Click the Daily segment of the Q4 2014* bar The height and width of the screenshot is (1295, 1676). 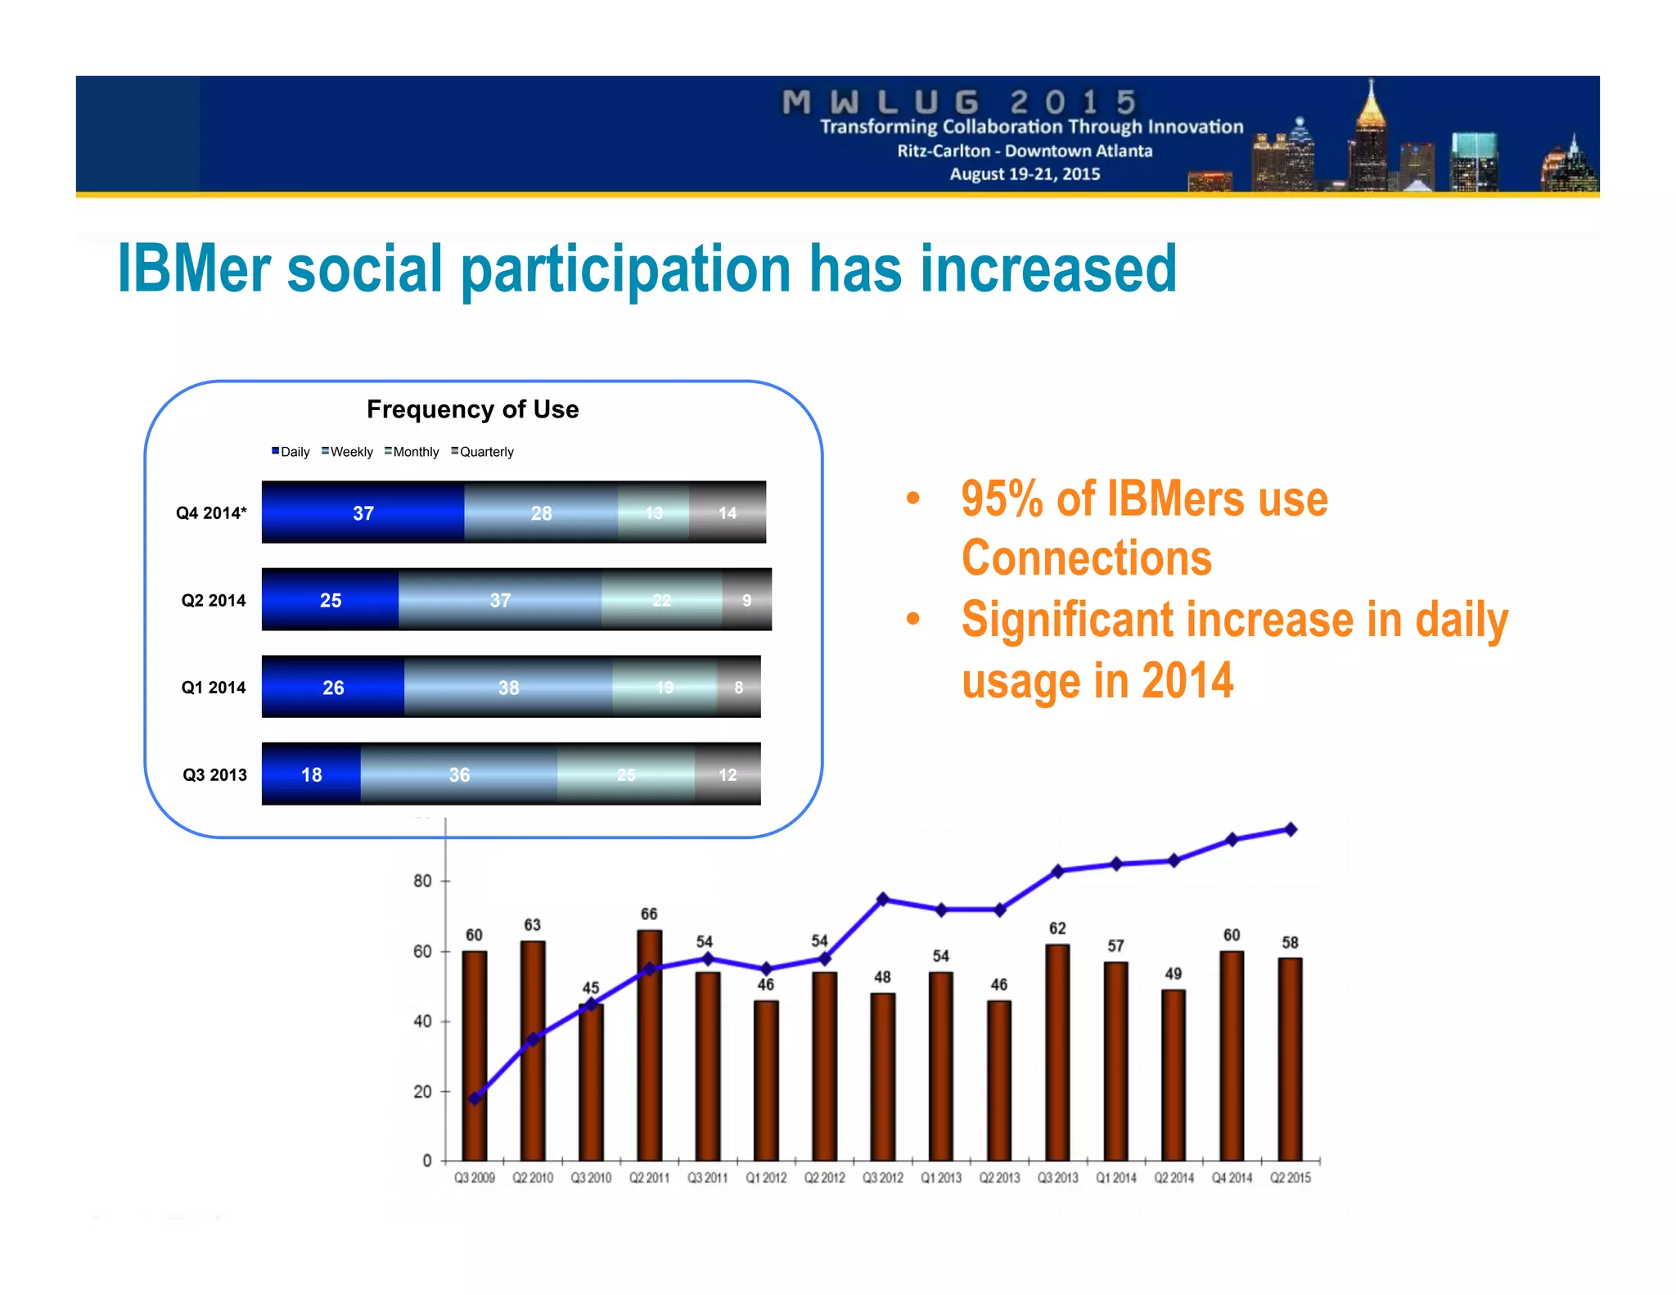[363, 512]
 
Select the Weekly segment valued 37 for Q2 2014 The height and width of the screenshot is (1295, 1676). [500, 600]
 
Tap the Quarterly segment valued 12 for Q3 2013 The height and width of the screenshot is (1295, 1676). [728, 774]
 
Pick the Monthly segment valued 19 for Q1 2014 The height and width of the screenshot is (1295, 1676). [665, 688]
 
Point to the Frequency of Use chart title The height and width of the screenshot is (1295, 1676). [472, 409]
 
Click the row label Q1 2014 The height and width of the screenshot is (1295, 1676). [213, 688]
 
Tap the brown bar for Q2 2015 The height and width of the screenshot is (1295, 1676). [1290, 1064]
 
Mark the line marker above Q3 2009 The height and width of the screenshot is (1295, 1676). [475, 1099]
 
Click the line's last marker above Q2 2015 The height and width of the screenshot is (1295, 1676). [1291, 829]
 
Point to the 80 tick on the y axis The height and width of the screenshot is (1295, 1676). [422, 881]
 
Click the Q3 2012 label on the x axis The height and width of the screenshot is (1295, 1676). [882, 1178]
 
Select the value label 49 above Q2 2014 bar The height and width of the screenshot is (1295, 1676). [1173, 973]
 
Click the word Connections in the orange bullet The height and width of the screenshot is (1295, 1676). [1086, 558]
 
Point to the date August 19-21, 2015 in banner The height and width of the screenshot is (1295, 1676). [1025, 174]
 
